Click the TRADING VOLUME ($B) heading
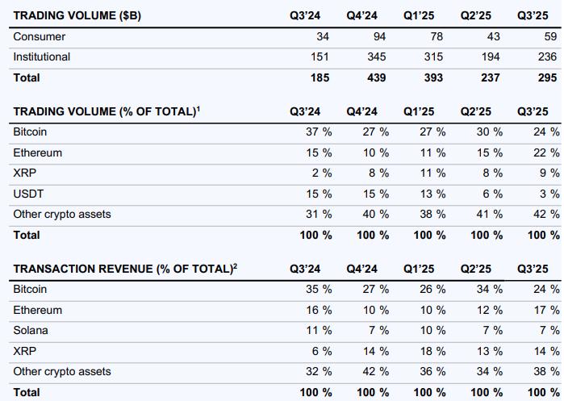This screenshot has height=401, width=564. (x=77, y=15)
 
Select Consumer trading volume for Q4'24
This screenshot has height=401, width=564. (x=378, y=37)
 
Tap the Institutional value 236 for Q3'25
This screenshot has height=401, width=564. (x=547, y=57)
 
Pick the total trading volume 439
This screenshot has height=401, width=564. (x=376, y=78)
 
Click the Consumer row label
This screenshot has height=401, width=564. (x=40, y=37)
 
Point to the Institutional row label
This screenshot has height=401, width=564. (x=42, y=57)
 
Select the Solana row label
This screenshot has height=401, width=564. (x=31, y=330)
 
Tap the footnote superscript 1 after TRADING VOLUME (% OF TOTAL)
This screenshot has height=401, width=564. (x=198, y=109)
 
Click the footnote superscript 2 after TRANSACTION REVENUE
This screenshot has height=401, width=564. (x=235, y=266)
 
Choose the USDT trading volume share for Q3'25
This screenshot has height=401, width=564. (x=549, y=194)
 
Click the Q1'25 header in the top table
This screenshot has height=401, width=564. (x=419, y=15)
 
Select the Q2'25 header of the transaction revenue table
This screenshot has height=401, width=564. (x=476, y=269)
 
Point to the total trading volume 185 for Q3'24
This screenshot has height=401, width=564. (x=319, y=78)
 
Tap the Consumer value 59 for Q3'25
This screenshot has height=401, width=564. (x=549, y=37)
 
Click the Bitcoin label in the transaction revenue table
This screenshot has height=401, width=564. (x=30, y=289)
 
